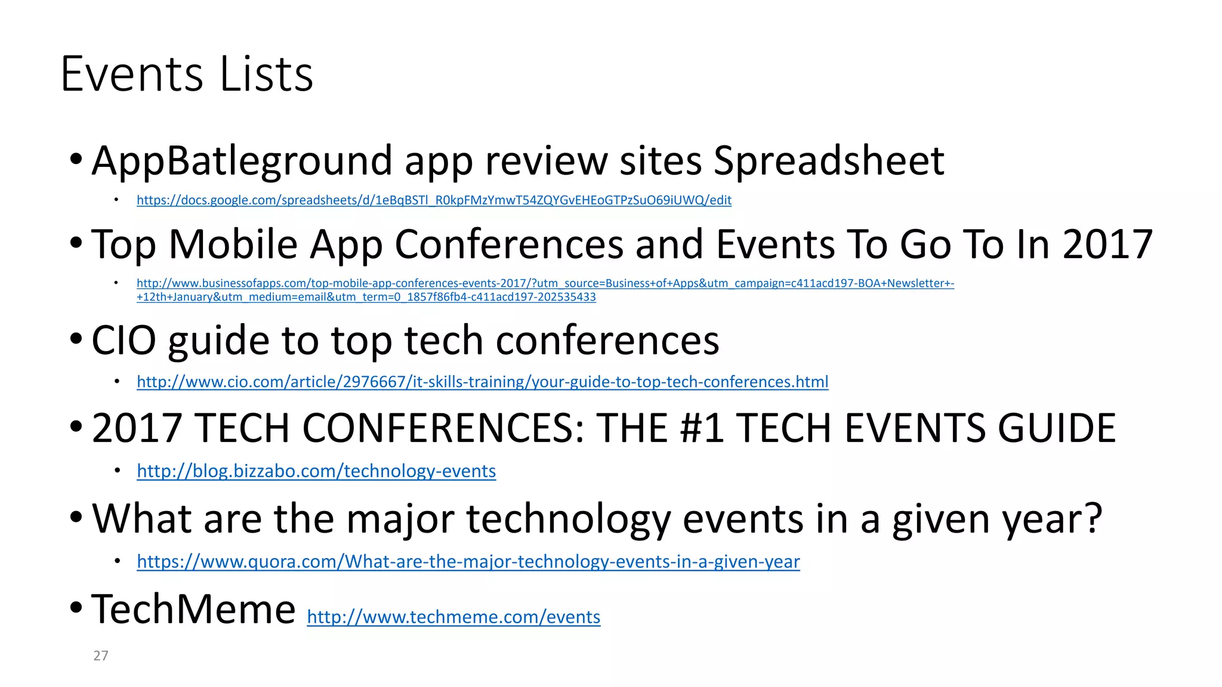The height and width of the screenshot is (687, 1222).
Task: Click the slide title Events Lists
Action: coord(187,74)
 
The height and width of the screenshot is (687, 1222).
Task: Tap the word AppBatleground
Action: coord(242,161)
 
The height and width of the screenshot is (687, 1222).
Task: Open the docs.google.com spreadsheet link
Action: coord(434,200)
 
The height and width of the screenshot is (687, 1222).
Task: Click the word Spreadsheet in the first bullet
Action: coord(829,161)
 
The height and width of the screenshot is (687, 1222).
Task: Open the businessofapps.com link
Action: coord(545,284)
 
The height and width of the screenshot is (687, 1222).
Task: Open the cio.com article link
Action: coord(482,382)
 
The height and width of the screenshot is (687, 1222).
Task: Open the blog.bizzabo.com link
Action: coord(316,471)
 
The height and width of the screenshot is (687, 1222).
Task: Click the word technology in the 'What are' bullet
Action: coord(568,519)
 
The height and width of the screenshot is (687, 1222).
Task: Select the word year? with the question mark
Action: coord(1052,519)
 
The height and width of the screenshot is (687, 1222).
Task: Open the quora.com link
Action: coord(468,562)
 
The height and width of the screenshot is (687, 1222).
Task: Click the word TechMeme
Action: coord(193,609)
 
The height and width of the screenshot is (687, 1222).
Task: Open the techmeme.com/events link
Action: coord(453,617)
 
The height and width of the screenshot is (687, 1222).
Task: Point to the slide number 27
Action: coord(101,656)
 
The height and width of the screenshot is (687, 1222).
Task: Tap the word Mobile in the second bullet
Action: coord(233,245)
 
